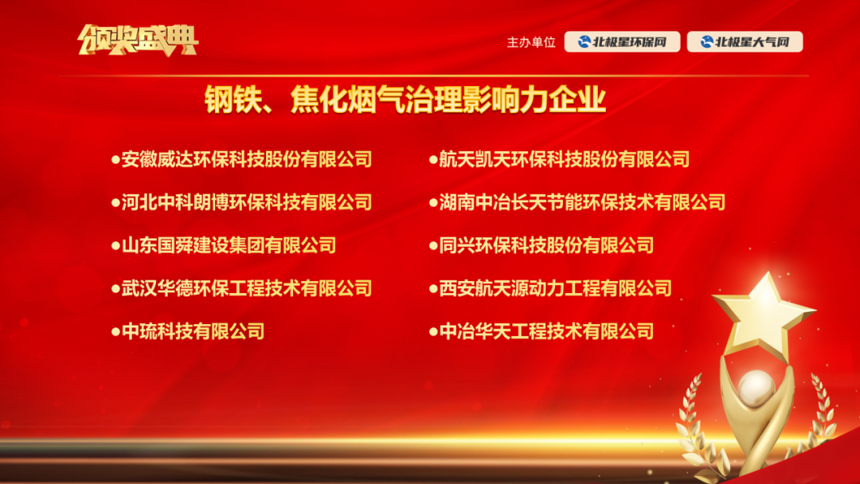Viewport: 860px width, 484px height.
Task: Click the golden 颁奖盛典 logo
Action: (138, 41)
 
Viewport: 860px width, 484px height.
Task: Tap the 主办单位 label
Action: (531, 42)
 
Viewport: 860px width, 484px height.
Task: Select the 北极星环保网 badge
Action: (622, 41)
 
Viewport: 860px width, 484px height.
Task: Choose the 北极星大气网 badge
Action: (745, 41)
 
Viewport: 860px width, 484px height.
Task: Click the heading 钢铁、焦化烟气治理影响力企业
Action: (405, 100)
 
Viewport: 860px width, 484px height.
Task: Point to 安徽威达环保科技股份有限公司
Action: (247, 159)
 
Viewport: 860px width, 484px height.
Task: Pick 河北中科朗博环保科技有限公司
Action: (247, 202)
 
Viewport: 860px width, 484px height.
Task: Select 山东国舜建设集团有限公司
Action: (229, 245)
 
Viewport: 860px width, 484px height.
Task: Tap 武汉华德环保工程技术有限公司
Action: (247, 288)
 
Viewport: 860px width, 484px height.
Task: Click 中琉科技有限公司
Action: (193, 331)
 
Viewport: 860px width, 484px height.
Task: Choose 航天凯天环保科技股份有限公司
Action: (565, 159)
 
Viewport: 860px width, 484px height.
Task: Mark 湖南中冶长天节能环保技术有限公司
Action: (582, 202)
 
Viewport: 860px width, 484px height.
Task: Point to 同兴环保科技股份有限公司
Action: (546, 245)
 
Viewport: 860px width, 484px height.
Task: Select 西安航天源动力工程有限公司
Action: (556, 288)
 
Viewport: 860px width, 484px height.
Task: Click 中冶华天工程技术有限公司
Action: (546, 331)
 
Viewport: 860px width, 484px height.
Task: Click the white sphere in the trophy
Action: (756, 388)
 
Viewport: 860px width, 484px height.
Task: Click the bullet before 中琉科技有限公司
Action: (115, 332)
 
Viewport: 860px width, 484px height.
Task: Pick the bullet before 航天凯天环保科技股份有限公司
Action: (433, 160)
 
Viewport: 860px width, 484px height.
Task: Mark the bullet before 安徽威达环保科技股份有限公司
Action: (115, 160)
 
